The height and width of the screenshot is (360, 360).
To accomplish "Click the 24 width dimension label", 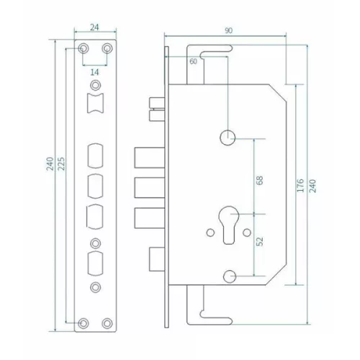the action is tap(94, 27).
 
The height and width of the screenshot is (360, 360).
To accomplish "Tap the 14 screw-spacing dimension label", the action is tap(94, 72).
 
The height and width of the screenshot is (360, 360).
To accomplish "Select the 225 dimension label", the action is tap(62, 163).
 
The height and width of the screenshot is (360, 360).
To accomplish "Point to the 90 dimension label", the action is tap(228, 31).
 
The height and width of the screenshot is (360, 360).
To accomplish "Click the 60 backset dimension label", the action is tap(193, 61).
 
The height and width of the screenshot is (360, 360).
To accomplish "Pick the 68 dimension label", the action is tap(260, 180).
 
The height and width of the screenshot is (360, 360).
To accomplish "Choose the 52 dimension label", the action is tap(260, 241).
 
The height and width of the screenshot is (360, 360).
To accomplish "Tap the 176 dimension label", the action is tap(300, 185).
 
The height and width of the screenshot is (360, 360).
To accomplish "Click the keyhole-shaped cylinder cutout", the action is tap(228, 225).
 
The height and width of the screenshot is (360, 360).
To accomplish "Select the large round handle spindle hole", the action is tap(228, 138).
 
